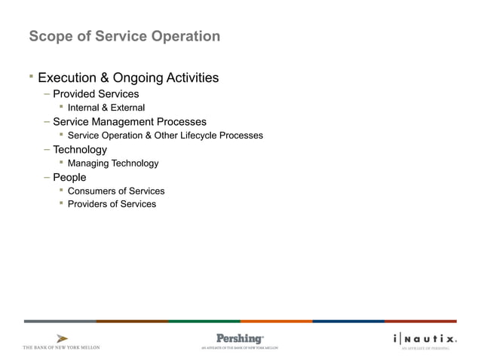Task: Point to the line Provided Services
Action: click(96, 94)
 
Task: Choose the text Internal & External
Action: click(106, 108)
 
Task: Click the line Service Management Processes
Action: click(129, 122)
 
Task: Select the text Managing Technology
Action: click(113, 163)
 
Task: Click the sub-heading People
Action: click(69, 178)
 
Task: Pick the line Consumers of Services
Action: click(116, 191)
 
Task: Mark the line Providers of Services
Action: click(112, 204)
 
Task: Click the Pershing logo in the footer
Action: click(240, 339)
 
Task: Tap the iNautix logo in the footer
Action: click(424, 339)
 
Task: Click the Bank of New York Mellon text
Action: click(62, 347)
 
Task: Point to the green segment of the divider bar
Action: click(204, 321)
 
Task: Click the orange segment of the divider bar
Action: click(276, 321)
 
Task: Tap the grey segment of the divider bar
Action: click(60, 321)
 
